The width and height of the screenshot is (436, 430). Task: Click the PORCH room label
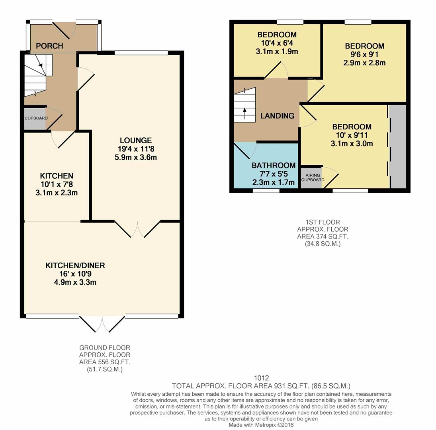(x=49, y=46)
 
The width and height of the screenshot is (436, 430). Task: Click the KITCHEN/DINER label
(x=75, y=266)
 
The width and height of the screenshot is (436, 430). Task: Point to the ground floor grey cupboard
(x=35, y=119)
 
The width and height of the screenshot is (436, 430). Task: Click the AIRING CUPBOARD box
(x=312, y=178)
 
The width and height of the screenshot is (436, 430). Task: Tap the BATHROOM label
(x=274, y=165)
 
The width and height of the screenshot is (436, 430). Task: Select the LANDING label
(x=278, y=116)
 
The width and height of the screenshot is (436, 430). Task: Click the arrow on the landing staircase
(x=244, y=111)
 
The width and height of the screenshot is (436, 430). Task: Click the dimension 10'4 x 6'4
(x=277, y=43)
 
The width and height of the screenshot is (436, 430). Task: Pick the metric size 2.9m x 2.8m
(x=364, y=63)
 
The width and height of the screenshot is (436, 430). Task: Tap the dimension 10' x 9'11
(x=352, y=135)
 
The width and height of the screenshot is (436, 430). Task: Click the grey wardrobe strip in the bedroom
(x=397, y=147)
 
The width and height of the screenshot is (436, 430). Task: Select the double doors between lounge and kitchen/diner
(x=137, y=229)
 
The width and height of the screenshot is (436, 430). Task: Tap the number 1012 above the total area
(x=261, y=378)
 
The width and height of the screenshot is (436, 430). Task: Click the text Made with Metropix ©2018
(x=261, y=425)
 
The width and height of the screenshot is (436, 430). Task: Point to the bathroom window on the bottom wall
(x=266, y=191)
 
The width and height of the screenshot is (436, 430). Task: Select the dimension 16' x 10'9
(x=75, y=274)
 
